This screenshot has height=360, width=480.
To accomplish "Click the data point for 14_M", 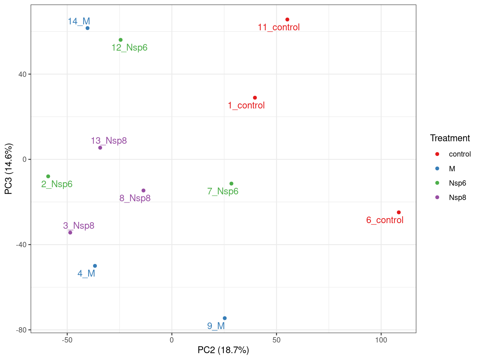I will [x=87, y=28].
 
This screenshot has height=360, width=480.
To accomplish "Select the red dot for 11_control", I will [x=287, y=20].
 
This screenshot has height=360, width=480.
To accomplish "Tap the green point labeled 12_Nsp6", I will [x=121, y=40].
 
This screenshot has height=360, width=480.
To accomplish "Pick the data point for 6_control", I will [x=398, y=212].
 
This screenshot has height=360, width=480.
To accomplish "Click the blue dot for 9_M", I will [x=224, y=318].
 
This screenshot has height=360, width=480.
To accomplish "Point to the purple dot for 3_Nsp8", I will [x=70, y=232].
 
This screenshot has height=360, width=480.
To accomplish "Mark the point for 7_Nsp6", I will [x=231, y=184].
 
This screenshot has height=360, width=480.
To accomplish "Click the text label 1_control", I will [x=246, y=106].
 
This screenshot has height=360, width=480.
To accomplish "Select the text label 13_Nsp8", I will [x=109, y=141].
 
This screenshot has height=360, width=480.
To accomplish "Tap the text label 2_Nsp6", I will [x=57, y=184].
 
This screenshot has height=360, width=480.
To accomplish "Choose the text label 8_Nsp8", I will [x=135, y=198].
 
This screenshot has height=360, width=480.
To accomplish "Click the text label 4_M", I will [x=86, y=274].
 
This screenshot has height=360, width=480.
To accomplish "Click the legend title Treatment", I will [x=450, y=138].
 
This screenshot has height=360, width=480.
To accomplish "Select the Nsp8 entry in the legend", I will [x=457, y=197].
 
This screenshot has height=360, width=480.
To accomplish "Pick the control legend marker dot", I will [x=437, y=154].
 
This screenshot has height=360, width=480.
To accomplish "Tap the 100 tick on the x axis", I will [x=381, y=340].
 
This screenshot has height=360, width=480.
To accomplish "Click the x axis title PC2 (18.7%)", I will [x=223, y=350].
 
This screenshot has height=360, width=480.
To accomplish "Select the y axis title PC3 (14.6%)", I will [x=9, y=169].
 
